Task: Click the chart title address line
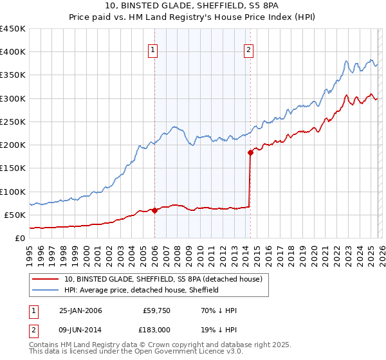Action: tap(192, 6)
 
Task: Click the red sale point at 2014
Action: tap(250, 152)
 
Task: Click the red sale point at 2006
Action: tap(155, 210)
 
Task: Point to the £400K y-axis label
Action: tap(12, 52)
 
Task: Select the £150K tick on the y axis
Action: tap(12, 168)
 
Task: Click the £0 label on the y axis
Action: tap(19, 237)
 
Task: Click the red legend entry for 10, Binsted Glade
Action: tap(163, 280)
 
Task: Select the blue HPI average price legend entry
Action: tap(141, 290)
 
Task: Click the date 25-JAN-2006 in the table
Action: tap(80, 310)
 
